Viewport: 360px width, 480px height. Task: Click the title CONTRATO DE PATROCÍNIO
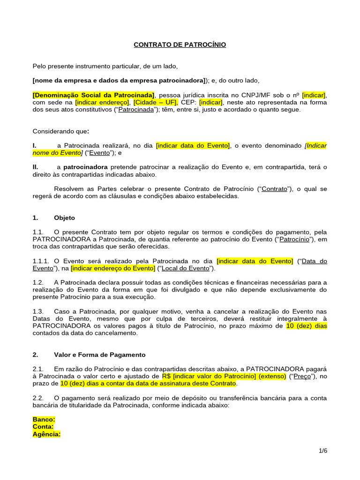pyautogui.click(x=180, y=45)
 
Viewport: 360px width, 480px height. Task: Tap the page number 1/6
pyautogui.click(x=323, y=451)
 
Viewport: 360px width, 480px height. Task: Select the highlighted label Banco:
pyautogui.click(x=44, y=420)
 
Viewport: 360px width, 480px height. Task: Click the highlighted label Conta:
pyautogui.click(x=43, y=427)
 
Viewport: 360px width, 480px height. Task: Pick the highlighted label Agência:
pyautogui.click(x=47, y=435)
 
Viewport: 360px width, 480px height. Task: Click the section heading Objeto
pyautogui.click(x=64, y=218)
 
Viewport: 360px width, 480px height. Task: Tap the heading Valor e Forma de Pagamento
pyautogui.click(x=100, y=355)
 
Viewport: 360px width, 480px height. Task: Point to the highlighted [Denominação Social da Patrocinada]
pyautogui.click(x=94, y=95)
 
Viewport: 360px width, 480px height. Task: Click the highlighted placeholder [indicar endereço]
pyautogui.click(x=102, y=102)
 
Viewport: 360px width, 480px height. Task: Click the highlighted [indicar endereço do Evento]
pyautogui.click(x=113, y=268)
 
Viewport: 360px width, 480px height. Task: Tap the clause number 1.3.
pyautogui.click(x=38, y=311)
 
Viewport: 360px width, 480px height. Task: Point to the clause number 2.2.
pyautogui.click(x=38, y=398)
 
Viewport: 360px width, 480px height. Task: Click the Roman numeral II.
pyautogui.click(x=35, y=167)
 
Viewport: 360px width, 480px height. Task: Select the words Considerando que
pyautogui.click(x=60, y=131)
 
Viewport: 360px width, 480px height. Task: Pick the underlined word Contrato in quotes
pyautogui.click(x=274, y=189)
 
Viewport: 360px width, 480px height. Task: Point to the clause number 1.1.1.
pyautogui.click(x=41, y=261)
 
